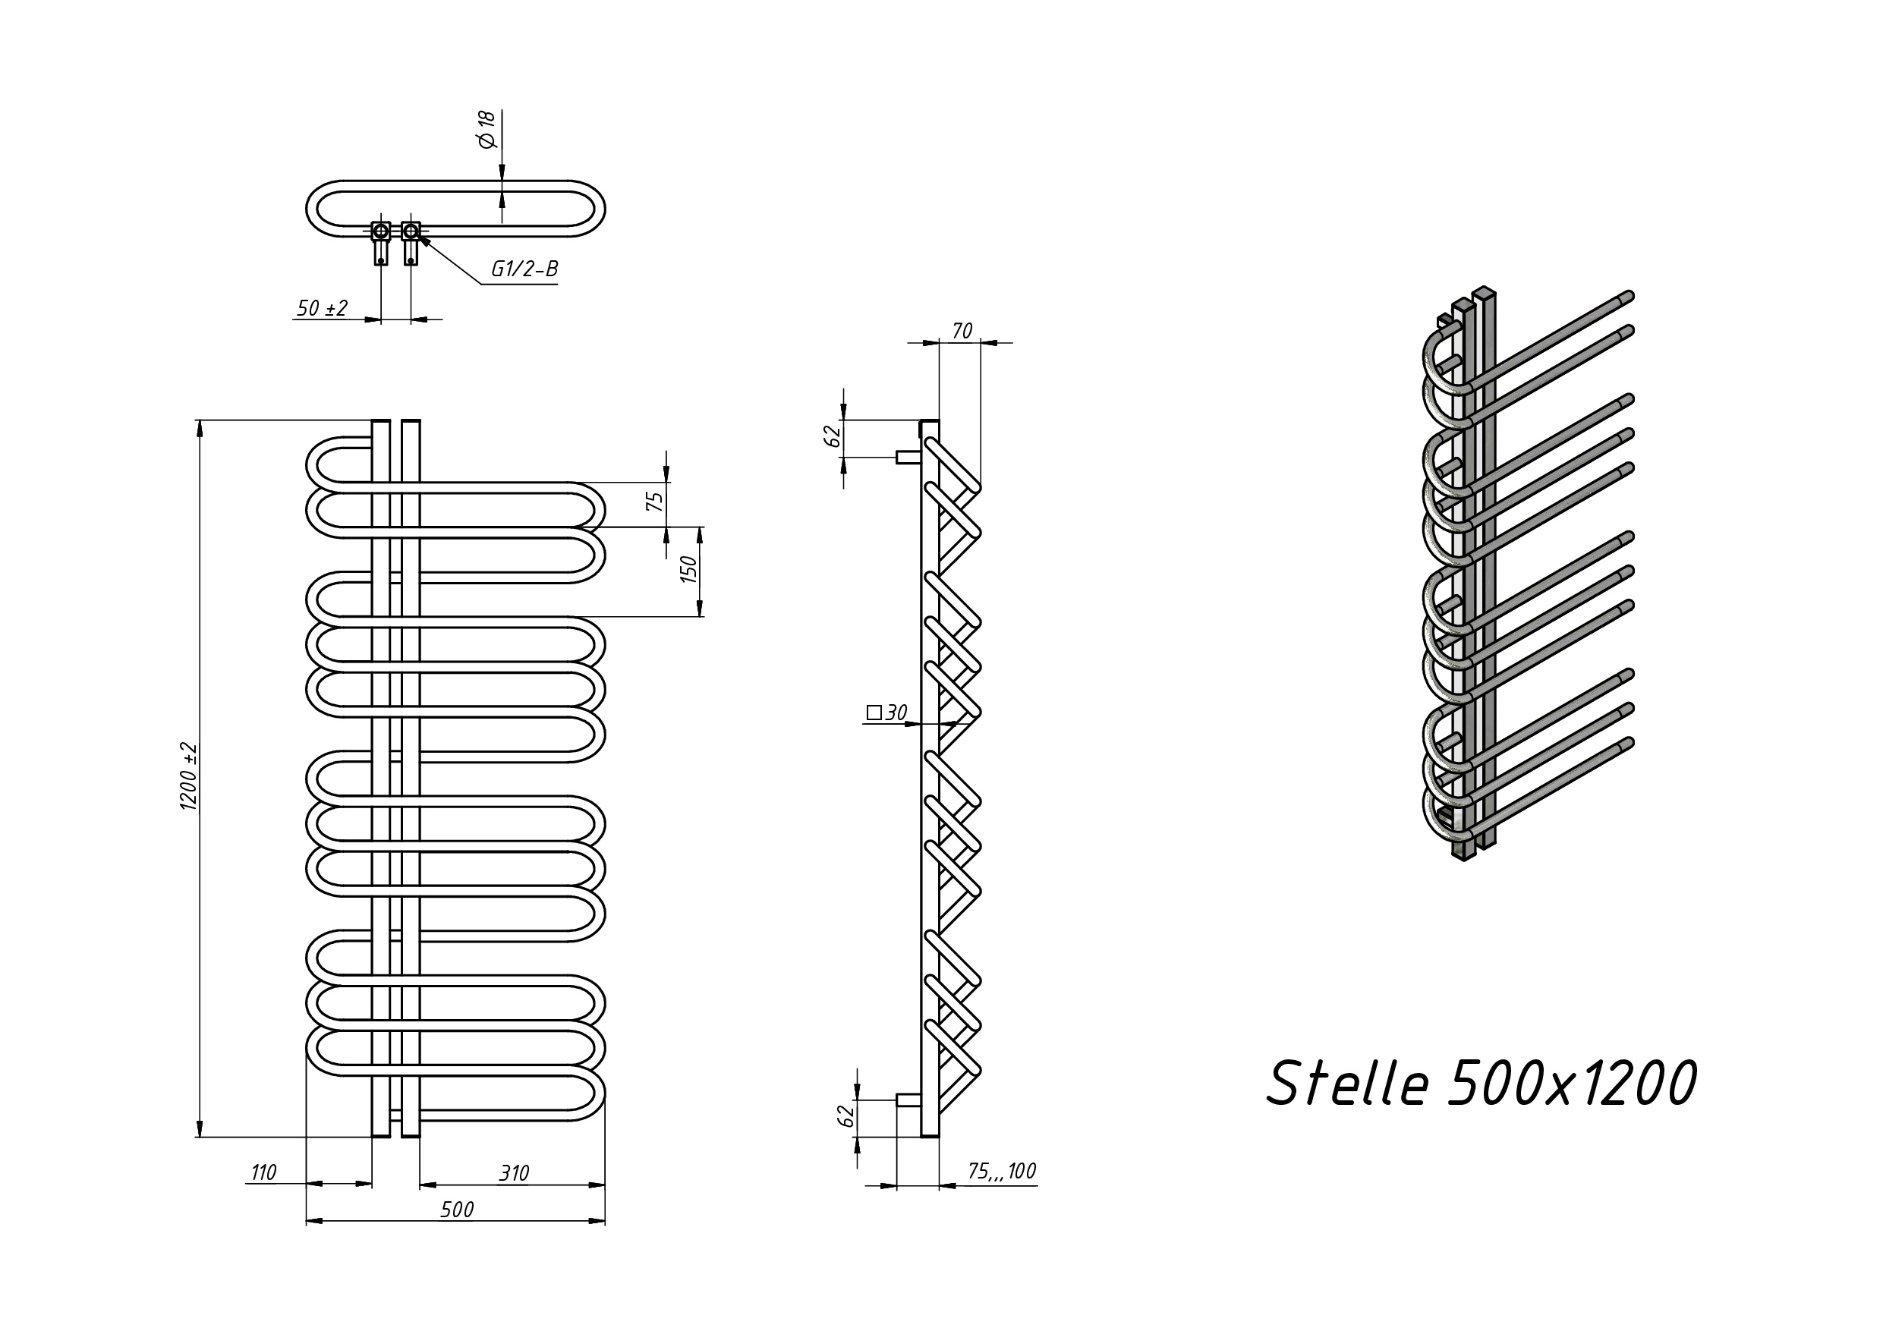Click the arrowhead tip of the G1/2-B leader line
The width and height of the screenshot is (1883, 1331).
[419, 236]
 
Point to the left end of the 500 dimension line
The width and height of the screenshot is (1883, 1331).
[306, 1221]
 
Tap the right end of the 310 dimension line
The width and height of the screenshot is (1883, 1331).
[604, 1185]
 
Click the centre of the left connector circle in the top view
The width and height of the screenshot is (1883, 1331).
[380, 231]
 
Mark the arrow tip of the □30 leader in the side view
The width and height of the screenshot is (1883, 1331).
[957, 724]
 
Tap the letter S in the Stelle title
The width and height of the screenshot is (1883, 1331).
[1286, 1083]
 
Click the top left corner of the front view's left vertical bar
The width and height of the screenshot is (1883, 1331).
[373, 420]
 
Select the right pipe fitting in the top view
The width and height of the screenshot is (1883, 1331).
[411, 243]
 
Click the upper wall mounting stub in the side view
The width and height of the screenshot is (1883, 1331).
[908, 458]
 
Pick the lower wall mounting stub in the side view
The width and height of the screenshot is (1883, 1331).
[908, 1100]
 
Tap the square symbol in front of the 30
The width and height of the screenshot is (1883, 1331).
[874, 713]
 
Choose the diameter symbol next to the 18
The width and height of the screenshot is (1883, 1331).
[488, 140]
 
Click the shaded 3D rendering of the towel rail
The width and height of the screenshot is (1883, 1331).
[1527, 574]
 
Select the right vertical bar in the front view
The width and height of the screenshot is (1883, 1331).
[411, 779]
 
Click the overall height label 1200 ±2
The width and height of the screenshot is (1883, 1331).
[189, 776]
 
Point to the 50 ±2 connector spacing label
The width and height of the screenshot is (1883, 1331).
[323, 308]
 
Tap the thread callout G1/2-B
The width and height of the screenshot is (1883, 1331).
[525, 269]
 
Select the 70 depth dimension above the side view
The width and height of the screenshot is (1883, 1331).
[962, 331]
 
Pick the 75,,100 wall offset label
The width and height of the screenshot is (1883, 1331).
[1002, 1171]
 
